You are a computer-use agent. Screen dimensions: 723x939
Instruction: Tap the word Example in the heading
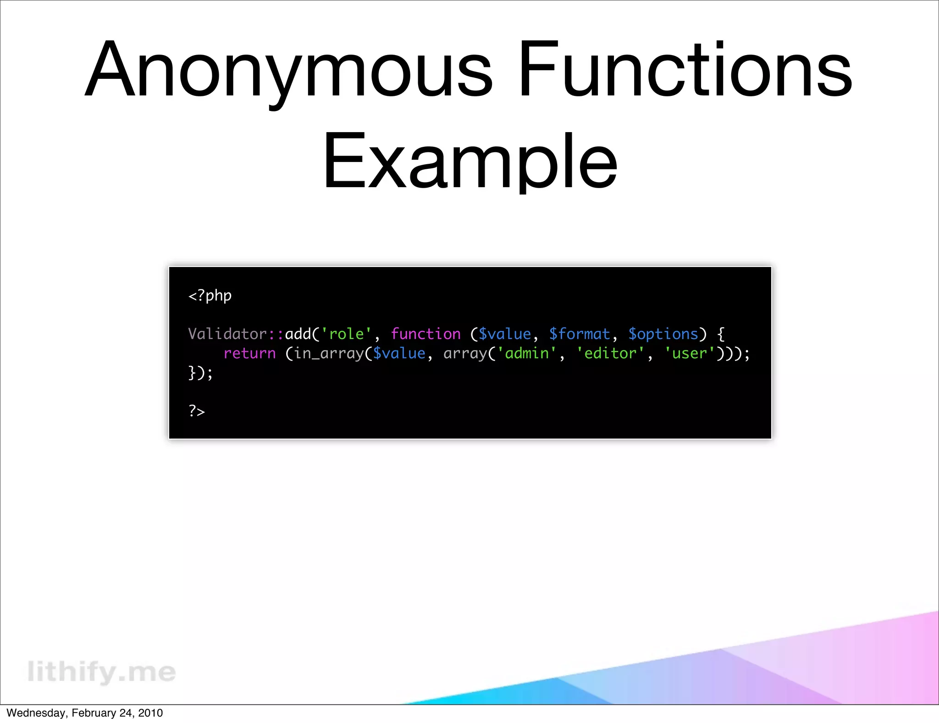(470, 161)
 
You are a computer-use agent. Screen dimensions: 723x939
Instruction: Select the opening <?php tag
(210, 296)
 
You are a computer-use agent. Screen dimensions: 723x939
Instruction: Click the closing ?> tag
(197, 411)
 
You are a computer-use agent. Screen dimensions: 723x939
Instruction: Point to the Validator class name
(227, 334)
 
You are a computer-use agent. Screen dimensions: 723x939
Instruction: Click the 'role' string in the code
(346, 334)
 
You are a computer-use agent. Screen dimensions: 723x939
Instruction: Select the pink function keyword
(425, 334)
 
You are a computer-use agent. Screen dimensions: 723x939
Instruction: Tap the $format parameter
(580, 334)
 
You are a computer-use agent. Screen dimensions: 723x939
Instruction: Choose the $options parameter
(663, 334)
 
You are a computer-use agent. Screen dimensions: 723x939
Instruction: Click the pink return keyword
(249, 353)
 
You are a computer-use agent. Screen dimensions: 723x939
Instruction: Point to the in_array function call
(328, 353)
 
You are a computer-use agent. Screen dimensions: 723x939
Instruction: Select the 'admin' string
(527, 353)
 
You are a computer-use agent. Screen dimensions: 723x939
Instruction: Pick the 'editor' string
(610, 353)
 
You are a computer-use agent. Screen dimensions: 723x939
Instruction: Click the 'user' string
(690, 353)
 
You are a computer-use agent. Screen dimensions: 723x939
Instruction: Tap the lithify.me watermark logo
(101, 672)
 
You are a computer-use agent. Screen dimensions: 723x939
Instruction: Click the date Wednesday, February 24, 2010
(85, 713)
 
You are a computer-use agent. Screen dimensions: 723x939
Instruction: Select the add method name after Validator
(298, 334)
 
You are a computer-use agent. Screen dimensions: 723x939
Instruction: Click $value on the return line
(399, 353)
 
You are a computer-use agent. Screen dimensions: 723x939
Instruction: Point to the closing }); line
(201, 373)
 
